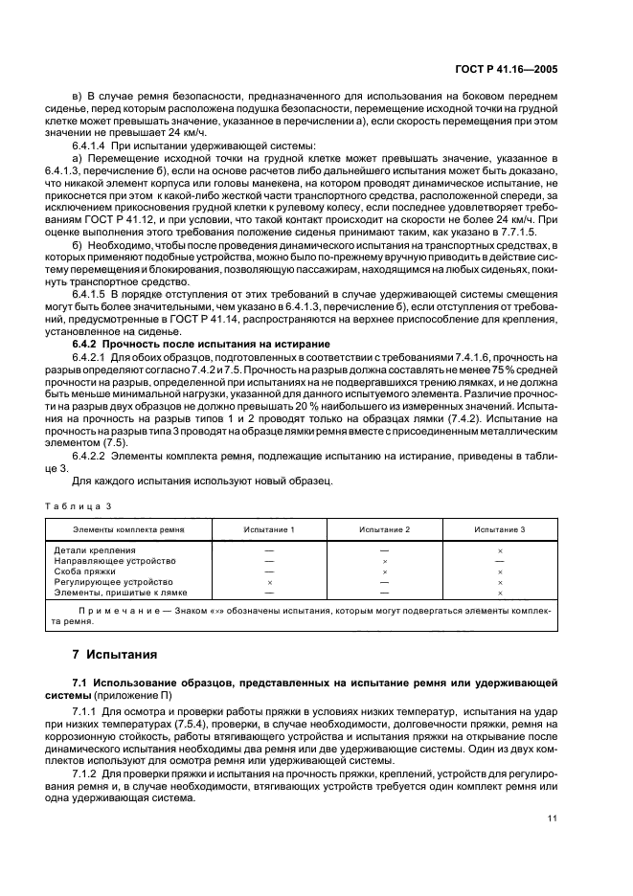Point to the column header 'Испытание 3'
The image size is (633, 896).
pos(500,529)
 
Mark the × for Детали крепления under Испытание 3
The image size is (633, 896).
pos(500,551)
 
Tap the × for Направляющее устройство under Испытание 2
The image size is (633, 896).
pos(384,562)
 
